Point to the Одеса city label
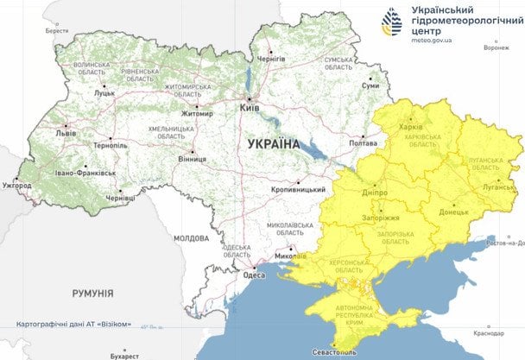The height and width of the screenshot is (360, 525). [x=254, y=275]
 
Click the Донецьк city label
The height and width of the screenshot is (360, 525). [x=453, y=211]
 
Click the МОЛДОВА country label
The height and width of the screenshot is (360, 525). [x=191, y=237]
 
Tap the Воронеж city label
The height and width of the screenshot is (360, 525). [x=496, y=47]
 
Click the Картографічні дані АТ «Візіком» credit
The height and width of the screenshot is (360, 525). [x=73, y=325]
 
